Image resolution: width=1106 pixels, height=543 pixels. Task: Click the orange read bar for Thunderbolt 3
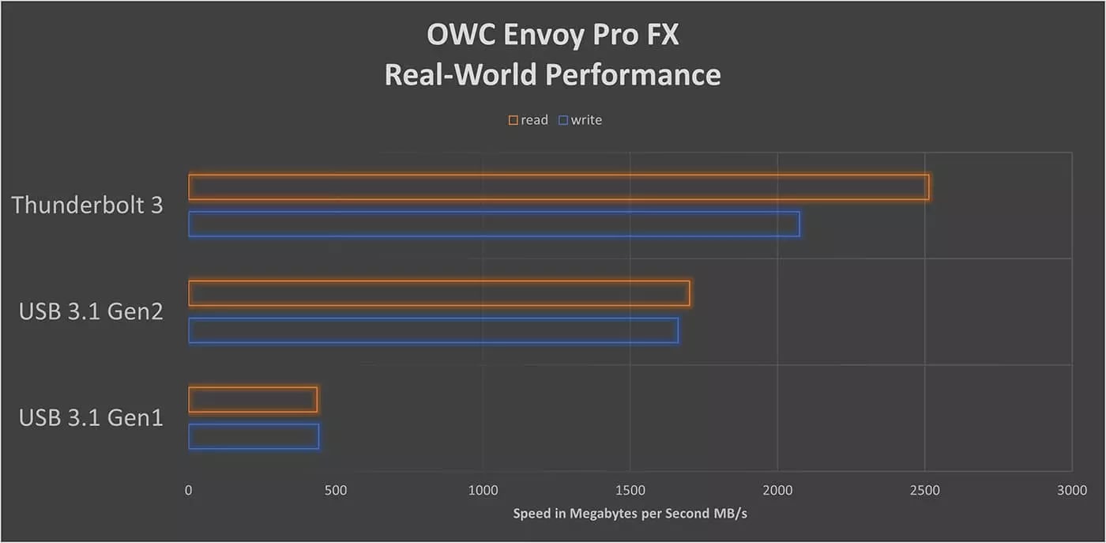[559, 187]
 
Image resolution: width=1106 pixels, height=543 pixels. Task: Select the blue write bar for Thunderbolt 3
[494, 224]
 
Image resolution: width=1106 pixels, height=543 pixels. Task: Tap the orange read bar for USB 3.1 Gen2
[439, 293]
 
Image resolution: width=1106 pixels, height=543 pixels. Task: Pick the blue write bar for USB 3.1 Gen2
[433, 330]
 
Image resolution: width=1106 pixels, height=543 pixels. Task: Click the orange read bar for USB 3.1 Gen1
[253, 399]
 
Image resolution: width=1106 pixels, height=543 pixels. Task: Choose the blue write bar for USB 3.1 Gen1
[254, 436]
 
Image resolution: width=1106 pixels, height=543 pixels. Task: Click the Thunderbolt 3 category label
[87, 206]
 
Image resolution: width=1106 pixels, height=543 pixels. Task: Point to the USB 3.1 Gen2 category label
[91, 311]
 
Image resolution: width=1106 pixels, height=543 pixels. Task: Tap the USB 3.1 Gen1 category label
[91, 417]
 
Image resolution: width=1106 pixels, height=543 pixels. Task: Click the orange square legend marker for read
[513, 120]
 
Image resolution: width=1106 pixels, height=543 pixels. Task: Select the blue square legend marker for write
[563, 120]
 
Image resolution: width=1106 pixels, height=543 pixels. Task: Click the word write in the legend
[586, 120]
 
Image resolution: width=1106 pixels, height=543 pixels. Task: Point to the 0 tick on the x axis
[188, 490]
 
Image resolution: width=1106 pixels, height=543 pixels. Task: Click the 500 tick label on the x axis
[335, 490]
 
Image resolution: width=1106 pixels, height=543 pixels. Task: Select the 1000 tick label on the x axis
[483, 490]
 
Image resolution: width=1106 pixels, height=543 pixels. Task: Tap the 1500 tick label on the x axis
[630, 490]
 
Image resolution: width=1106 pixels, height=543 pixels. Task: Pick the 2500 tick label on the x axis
[924, 490]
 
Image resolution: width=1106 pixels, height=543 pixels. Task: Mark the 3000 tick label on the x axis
[1071, 490]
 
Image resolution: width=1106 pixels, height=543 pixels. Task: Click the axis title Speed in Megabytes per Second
[630, 514]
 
